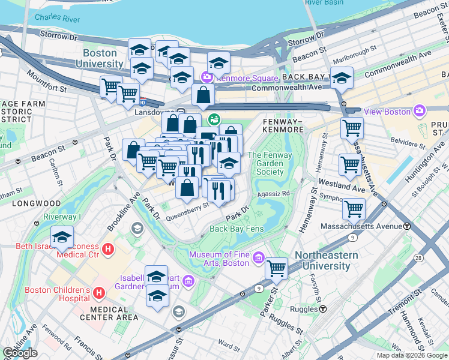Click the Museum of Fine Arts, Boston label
click(x=219, y=259)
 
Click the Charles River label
click(x=57, y=19)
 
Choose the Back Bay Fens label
click(x=237, y=229)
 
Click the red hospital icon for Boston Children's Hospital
click(x=100, y=292)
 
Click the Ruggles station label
click(x=309, y=309)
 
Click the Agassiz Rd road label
click(x=273, y=194)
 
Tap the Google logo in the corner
click(x=20, y=353)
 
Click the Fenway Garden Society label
click(x=265, y=163)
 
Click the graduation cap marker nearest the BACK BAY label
click(x=342, y=77)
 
